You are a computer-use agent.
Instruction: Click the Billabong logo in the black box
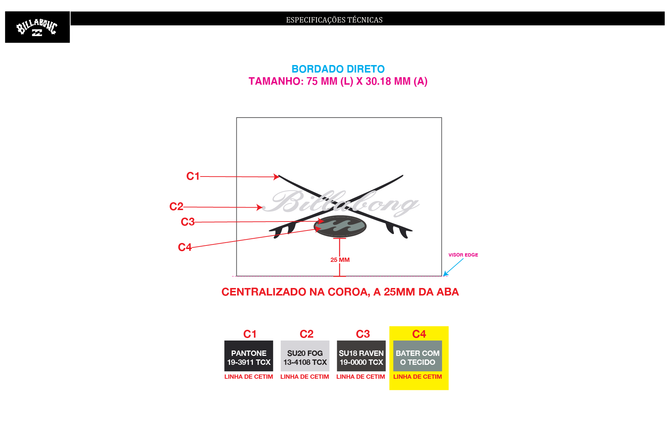coord(37,27)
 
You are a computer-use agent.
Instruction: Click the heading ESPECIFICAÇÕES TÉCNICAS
coord(334,20)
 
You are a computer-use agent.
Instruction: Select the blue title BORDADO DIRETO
coord(338,69)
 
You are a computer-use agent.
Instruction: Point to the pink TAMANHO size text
coord(338,81)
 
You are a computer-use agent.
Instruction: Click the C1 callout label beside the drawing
coord(193,176)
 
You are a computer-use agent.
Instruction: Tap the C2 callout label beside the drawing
coord(176,207)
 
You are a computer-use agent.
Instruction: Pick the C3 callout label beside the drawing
coord(187,222)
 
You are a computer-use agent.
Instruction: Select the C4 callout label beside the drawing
coord(185,247)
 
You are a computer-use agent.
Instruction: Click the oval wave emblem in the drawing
coord(340,226)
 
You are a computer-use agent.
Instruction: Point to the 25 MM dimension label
coord(340,260)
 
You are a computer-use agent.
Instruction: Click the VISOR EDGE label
coord(463,255)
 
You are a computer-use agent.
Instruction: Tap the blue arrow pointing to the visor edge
coord(453,267)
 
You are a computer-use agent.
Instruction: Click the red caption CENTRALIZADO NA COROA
coord(340,292)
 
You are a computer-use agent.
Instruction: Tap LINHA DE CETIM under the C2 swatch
coord(305,377)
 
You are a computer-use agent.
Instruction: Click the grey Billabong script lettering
coord(341,203)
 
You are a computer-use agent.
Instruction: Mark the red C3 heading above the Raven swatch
coord(363,334)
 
